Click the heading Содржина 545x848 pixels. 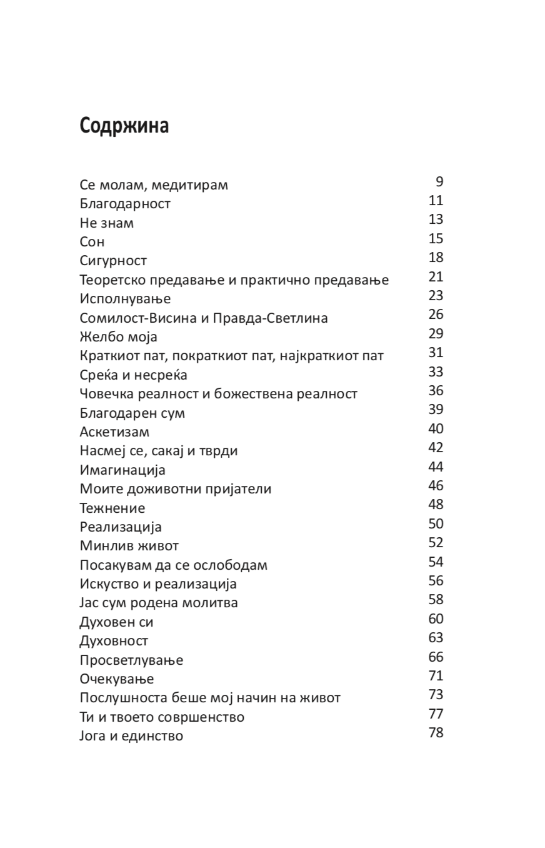coord(124,126)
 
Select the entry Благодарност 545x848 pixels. coord(125,204)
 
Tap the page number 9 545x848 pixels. coord(439,182)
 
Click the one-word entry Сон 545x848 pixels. coord(92,242)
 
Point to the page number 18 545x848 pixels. coord(436,258)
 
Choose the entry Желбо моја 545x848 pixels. coord(118,337)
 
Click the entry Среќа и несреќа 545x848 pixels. coord(133,375)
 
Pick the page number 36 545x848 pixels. coord(436,391)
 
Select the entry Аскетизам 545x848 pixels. coord(114,432)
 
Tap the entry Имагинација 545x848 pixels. coord(122,470)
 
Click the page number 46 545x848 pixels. coord(436,486)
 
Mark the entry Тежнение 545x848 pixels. coord(112,508)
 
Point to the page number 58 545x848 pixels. coord(436,600)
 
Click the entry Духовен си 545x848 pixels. coord(116,622)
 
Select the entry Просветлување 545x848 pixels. coord(131,660)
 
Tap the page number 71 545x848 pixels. coord(436,676)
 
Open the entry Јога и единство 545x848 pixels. coord(131,736)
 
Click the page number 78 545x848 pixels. coord(436,733)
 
